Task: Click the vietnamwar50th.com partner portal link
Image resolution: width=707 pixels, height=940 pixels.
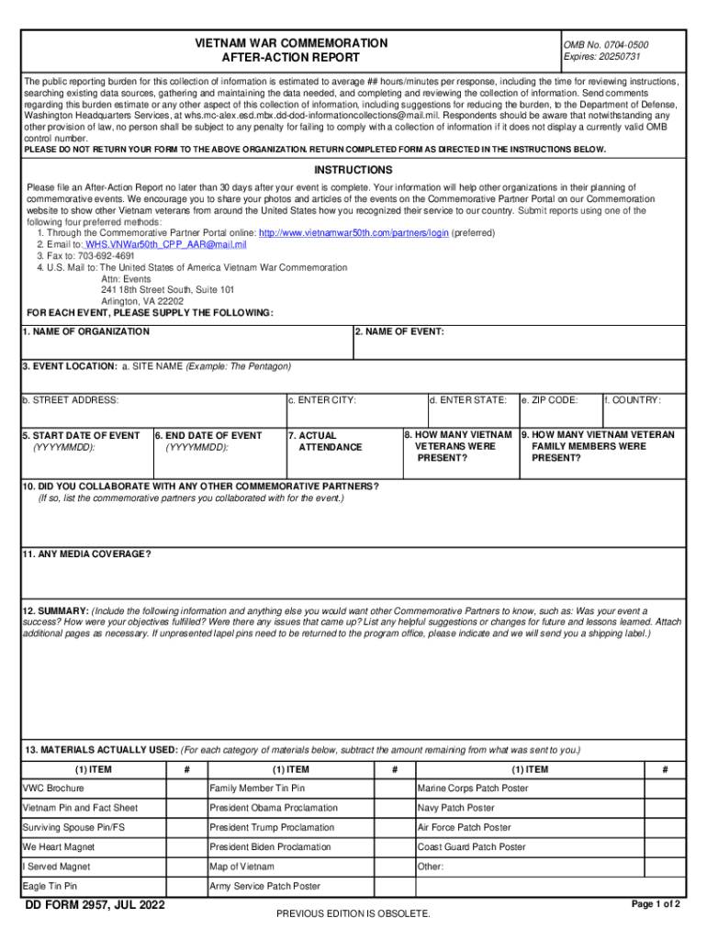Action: (x=353, y=233)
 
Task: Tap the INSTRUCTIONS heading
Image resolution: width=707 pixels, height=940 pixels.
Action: (x=353, y=171)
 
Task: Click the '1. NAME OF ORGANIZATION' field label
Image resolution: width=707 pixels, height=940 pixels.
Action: (x=86, y=331)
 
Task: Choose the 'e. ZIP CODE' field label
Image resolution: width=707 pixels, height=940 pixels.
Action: (x=550, y=400)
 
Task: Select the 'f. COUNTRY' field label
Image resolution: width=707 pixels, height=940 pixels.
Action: (x=633, y=400)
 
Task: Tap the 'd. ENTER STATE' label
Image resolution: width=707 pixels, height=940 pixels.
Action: (x=468, y=400)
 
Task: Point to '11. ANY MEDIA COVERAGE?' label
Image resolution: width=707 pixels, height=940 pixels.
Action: (x=87, y=554)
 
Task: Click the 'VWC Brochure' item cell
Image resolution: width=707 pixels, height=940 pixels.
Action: (x=53, y=789)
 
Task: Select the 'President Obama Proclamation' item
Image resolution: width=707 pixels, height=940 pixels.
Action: (x=274, y=808)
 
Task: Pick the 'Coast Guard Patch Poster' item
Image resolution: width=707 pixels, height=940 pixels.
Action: (x=472, y=847)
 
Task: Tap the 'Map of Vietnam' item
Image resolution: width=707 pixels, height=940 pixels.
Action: (x=241, y=867)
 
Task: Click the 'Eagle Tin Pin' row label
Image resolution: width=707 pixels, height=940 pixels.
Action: (x=50, y=887)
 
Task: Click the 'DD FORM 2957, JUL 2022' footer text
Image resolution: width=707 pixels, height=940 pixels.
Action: (x=95, y=906)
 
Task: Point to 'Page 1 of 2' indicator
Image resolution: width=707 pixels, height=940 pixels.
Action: (x=656, y=904)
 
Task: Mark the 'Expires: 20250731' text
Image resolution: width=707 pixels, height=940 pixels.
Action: (x=602, y=57)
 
